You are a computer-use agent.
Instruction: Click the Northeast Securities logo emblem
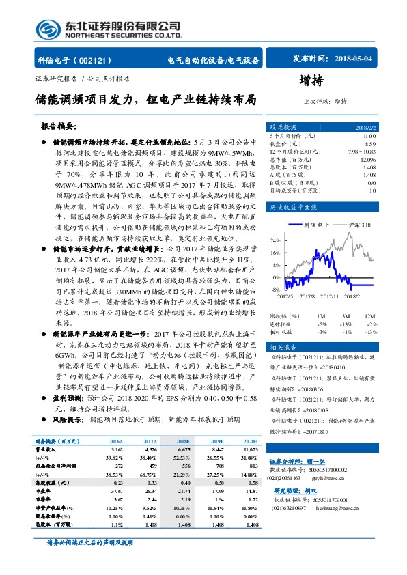[46, 29]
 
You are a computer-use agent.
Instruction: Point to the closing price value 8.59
[370, 143]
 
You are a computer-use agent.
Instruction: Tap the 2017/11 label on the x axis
[330, 296]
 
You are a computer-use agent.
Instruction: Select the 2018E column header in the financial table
[182, 441]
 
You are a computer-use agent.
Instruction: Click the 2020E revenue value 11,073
[251, 450]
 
